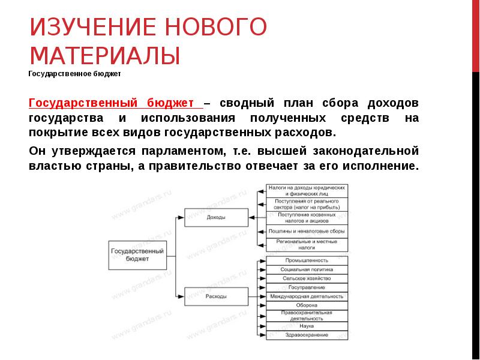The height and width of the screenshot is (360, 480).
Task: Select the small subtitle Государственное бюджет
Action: tap(75, 75)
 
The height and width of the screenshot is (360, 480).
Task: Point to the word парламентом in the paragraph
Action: tap(190, 151)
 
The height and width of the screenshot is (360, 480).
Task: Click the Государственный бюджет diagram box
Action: tap(138, 256)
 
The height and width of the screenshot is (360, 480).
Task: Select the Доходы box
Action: tap(216, 217)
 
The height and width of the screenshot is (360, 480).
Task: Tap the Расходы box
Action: tap(216, 296)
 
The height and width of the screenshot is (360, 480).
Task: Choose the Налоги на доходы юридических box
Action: tap(307, 191)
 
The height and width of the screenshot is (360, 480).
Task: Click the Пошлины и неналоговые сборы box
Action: tap(307, 231)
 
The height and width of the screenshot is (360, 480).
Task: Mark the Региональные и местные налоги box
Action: tap(307, 244)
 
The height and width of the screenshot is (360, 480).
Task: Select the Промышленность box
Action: tap(307, 260)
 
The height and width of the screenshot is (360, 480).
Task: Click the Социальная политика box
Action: tap(307, 269)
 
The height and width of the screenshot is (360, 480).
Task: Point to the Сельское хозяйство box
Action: tap(307, 278)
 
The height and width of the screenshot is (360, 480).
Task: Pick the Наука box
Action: tap(307, 326)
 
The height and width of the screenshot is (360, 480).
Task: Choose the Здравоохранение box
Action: tap(307, 334)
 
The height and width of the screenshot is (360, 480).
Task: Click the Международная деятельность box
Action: tap(307, 296)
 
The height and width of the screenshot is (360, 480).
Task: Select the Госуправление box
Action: tap(307, 287)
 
